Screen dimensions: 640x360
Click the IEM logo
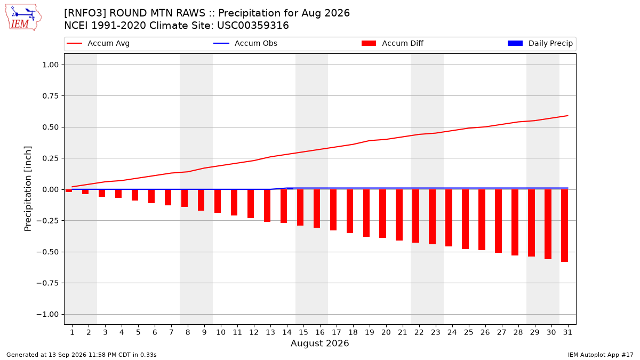tap(23, 18)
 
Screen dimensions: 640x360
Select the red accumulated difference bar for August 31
tap(565, 226)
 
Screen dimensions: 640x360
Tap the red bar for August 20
tap(383, 213)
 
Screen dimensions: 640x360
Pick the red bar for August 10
tap(218, 201)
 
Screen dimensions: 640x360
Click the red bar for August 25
tap(466, 219)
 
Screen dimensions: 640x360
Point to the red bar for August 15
tap(300, 207)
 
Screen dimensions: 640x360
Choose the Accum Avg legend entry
tap(98, 43)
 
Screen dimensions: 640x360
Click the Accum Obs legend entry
tap(245, 43)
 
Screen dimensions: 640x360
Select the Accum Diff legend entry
tap(393, 43)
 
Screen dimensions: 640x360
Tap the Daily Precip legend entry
tap(540, 43)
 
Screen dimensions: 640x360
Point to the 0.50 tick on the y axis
tap(51, 127)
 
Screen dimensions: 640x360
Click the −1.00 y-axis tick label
tap(47, 314)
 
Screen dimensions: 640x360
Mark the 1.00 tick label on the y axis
tap(51, 65)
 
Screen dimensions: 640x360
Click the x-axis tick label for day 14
tap(287, 332)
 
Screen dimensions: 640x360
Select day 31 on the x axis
tap(567, 332)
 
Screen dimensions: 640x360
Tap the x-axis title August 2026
tap(320, 343)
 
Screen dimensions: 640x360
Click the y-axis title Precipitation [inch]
tap(28, 189)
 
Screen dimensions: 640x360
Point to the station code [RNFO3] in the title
tap(85, 13)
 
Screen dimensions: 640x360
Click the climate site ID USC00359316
tap(253, 26)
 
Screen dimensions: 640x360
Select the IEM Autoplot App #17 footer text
tap(601, 355)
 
